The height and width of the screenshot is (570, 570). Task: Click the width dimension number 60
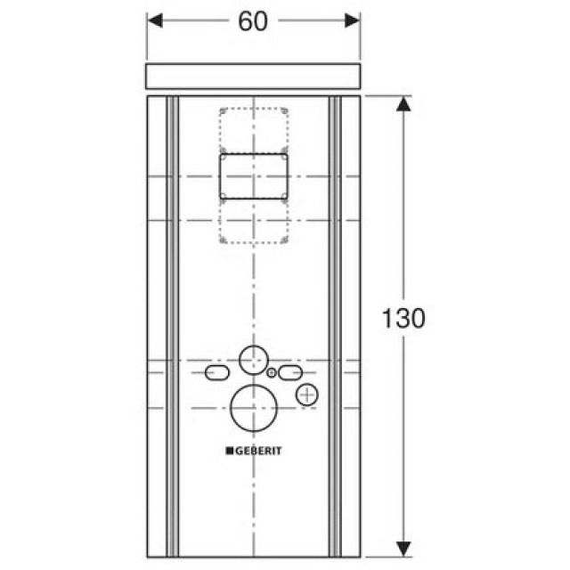coord(253,22)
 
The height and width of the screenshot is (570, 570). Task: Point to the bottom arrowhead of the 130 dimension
coord(403,544)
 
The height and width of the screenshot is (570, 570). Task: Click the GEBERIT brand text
coord(258,452)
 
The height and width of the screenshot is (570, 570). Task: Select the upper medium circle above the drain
coord(252,361)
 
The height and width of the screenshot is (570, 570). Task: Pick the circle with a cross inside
coord(306,395)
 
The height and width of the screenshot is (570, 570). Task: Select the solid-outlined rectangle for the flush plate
coord(254,175)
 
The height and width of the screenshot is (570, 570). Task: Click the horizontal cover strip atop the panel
coord(253,77)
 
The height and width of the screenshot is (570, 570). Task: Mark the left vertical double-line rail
coord(172,321)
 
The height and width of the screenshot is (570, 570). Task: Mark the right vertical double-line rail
coord(335,321)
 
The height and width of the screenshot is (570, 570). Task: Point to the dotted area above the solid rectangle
coord(254,129)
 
